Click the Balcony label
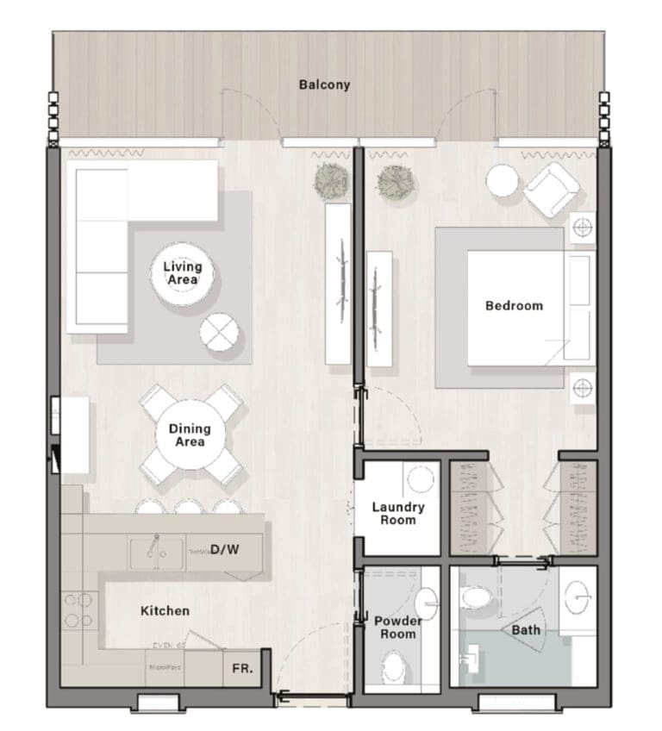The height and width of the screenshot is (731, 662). (324, 84)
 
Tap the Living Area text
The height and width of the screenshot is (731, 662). (182, 273)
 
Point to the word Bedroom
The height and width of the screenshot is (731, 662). (514, 305)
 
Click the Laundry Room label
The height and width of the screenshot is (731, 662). (398, 513)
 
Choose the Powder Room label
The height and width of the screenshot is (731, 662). (397, 628)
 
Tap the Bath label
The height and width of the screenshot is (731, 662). (526, 630)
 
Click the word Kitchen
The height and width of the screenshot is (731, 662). (165, 610)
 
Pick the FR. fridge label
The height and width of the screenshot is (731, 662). (242, 668)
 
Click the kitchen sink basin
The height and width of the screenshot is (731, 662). (157, 552)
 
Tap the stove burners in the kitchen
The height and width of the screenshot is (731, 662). (78, 609)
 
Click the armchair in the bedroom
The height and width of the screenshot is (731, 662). (551, 189)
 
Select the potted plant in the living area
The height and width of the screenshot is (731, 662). (332, 181)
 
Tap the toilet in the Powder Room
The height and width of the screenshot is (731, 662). (395, 666)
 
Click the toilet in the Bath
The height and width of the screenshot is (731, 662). (476, 597)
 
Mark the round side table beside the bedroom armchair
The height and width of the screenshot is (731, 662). (503, 181)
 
